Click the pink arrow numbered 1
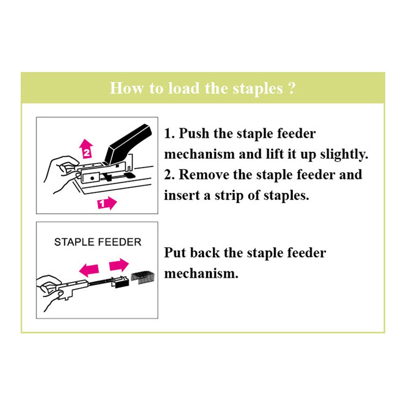[x=107, y=203]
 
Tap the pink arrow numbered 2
[x=86, y=149]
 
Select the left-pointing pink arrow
[x=89, y=270]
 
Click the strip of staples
[x=143, y=277]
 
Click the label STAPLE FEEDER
[x=97, y=242]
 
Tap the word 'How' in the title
[x=126, y=88]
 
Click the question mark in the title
[x=292, y=88]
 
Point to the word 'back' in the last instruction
[x=205, y=253]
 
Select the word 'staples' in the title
[x=258, y=89]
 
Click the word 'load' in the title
[x=184, y=88]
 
